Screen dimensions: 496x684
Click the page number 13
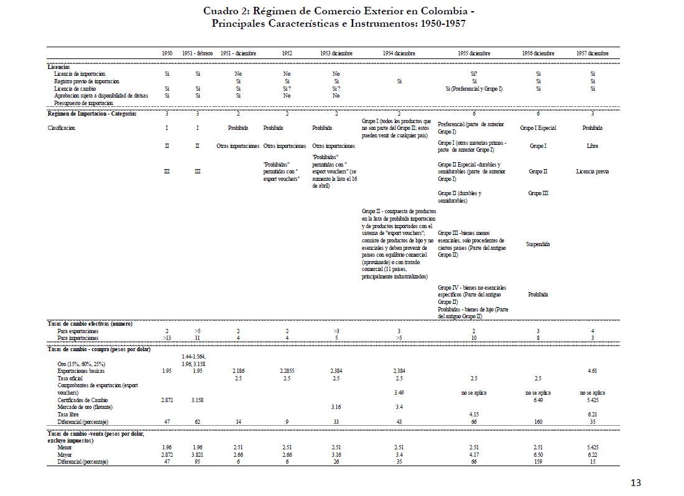[635, 483]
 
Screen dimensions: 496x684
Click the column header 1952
[287, 54]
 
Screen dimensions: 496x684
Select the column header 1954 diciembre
[399, 54]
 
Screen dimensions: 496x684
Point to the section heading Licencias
[58, 66]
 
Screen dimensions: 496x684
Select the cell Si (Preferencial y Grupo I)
[474, 88]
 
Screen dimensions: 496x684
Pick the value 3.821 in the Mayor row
[198, 454]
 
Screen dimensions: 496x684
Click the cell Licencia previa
[592, 171]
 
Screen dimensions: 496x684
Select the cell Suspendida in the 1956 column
[538, 244]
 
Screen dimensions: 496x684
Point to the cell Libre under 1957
[592, 146]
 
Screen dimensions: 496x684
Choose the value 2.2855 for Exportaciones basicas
[287, 370]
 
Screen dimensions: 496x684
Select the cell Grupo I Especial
[538, 128]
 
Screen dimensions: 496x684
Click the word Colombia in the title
[441, 11]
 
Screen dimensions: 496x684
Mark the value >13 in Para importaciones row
[167, 338]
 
